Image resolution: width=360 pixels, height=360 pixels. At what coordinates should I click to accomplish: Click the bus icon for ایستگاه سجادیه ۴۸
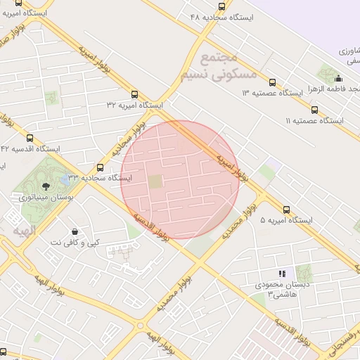tap(222, 7)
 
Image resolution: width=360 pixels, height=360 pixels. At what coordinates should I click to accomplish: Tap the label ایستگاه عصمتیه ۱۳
tap(271, 93)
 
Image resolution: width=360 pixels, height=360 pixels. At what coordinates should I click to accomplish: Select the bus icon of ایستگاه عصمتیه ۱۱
tap(314, 110)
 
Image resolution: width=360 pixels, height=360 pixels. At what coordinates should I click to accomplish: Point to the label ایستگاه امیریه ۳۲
tap(134, 104)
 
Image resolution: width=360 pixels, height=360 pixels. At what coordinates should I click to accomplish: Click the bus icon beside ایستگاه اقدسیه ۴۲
tap(30, 138)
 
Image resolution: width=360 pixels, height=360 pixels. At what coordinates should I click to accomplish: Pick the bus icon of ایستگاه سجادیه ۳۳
tap(100, 168)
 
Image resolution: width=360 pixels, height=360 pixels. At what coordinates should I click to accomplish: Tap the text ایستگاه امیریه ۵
tap(286, 220)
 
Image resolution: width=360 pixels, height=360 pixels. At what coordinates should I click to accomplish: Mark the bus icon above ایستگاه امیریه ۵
tap(286, 210)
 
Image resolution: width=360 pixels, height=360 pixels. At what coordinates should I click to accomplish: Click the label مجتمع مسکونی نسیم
tap(219, 67)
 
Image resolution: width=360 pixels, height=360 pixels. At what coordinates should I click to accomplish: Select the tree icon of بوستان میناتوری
tap(46, 186)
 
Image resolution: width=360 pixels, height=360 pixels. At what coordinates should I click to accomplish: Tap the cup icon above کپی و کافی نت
tap(75, 231)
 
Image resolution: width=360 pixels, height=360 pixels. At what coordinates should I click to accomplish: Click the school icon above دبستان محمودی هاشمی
tap(282, 274)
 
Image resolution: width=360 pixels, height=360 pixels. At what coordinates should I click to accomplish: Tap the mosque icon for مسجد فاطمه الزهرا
tap(338, 78)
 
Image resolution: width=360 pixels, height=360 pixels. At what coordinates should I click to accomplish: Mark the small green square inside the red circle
tap(155, 182)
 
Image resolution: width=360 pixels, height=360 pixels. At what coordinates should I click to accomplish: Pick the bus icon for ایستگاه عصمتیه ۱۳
tap(272, 82)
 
